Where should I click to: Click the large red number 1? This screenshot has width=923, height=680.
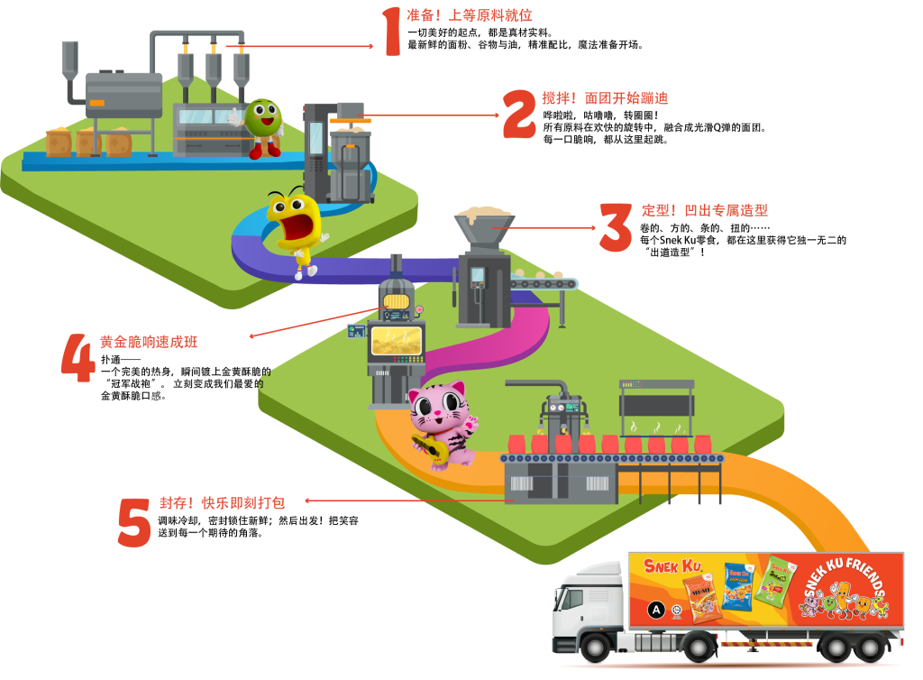pyautogui.click(x=390, y=32)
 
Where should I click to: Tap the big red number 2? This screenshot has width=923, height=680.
pyautogui.click(x=519, y=114)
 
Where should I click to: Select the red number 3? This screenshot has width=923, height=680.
pyautogui.click(x=616, y=226)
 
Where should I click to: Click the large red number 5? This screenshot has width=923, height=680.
pyautogui.click(x=134, y=522)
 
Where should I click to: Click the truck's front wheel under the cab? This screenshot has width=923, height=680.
pyautogui.click(x=595, y=646)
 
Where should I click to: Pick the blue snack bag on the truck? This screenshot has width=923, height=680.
pyautogui.click(x=736, y=587)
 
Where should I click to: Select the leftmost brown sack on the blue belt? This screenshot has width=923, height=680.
pyautogui.click(x=58, y=142)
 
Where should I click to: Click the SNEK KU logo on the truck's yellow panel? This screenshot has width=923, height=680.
pyautogui.click(x=672, y=566)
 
